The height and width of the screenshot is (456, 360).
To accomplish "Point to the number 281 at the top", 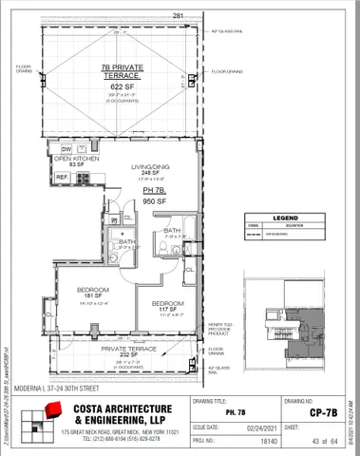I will pos(178,15).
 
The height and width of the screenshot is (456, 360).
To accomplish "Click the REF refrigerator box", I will pos(62,177).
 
